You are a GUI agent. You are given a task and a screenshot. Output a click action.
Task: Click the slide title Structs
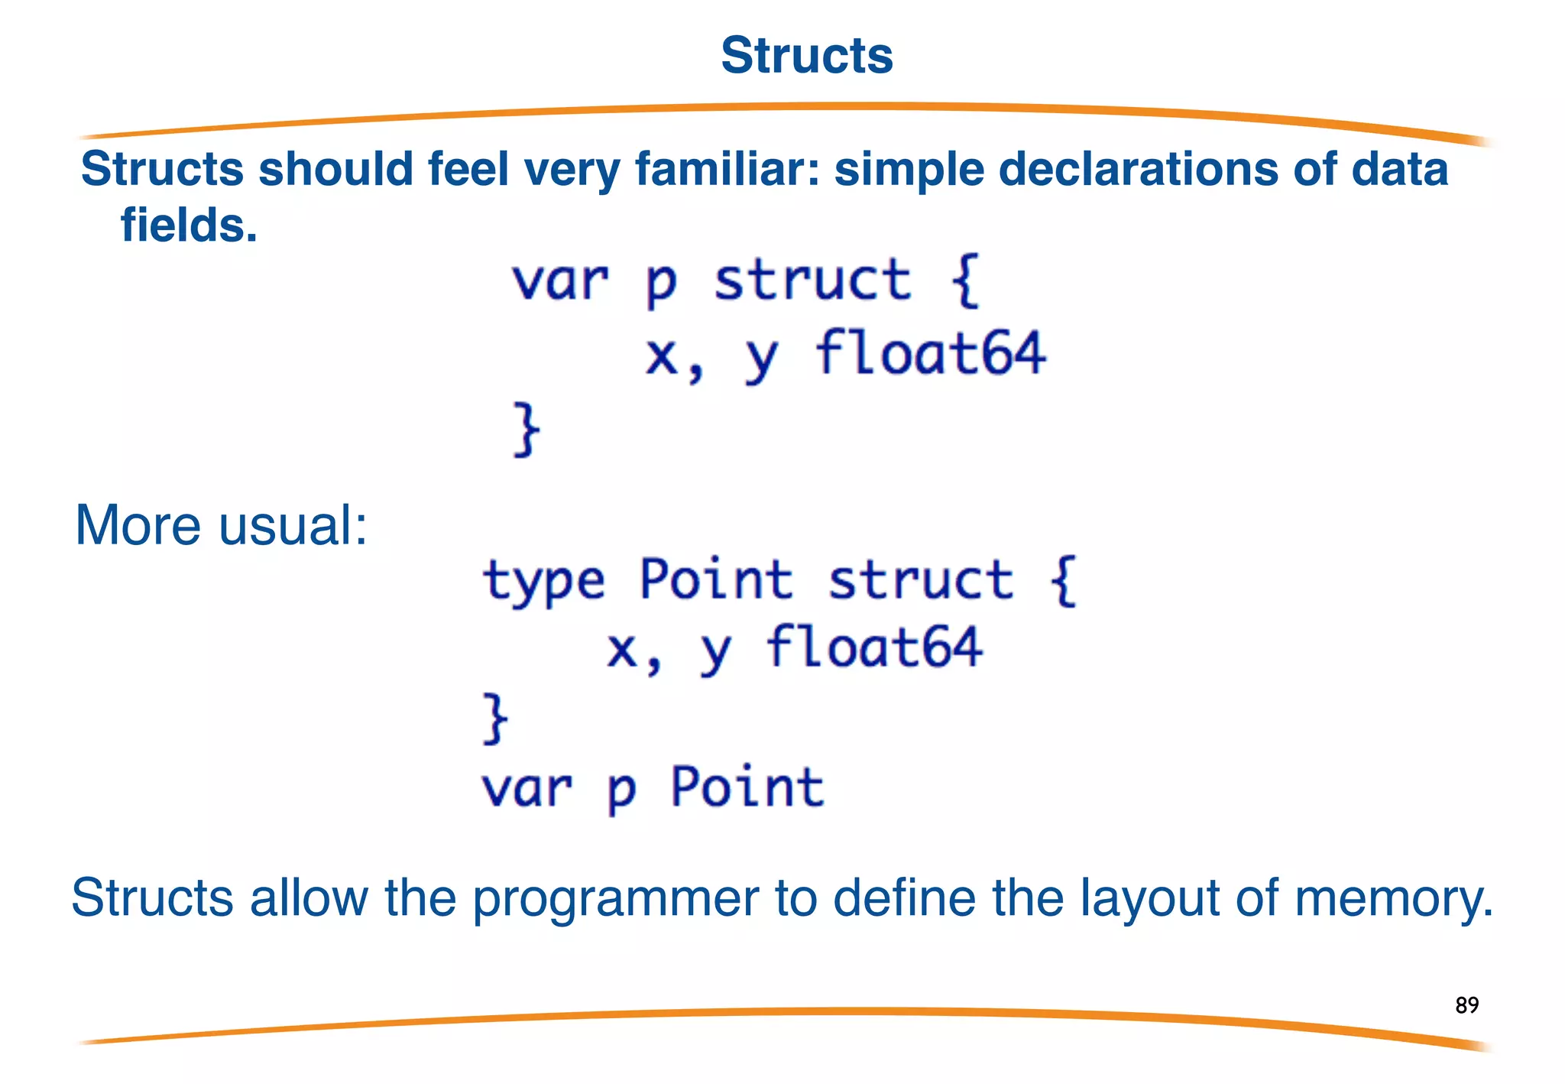807,56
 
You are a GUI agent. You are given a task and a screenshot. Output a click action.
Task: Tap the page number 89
1466,1004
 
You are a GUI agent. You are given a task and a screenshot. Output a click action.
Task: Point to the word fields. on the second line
189,226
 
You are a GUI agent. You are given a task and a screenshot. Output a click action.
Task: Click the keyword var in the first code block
560,281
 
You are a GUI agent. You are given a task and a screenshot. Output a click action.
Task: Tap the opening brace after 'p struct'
965,281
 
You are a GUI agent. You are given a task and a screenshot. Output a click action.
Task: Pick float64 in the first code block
930,354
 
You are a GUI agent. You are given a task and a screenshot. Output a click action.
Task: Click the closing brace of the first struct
527,430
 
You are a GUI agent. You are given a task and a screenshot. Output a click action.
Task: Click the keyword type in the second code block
544,581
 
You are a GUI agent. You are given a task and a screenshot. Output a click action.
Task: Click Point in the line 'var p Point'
747,787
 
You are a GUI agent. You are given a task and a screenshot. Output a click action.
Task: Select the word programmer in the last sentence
615,898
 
